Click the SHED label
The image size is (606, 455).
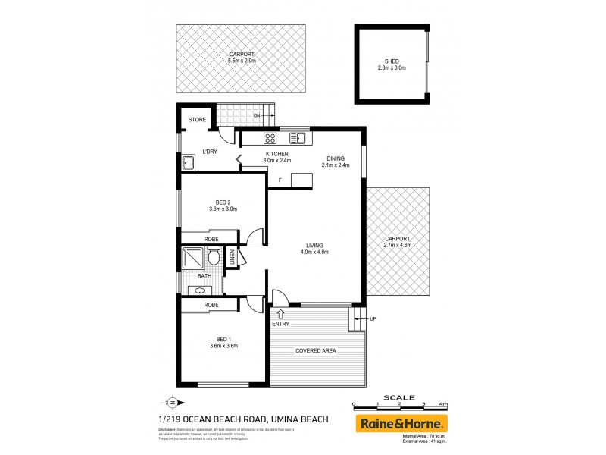(392, 61)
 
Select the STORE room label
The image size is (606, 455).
(197, 120)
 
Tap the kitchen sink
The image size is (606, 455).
(299, 138)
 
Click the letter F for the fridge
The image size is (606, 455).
(280, 180)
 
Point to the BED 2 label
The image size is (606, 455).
(223, 202)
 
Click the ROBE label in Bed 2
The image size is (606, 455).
(211, 238)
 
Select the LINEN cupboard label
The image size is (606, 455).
(233, 258)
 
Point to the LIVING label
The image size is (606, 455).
(314, 246)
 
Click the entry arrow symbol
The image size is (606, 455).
(281, 312)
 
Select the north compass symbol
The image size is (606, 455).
(171, 403)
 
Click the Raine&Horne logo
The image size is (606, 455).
(401, 423)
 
